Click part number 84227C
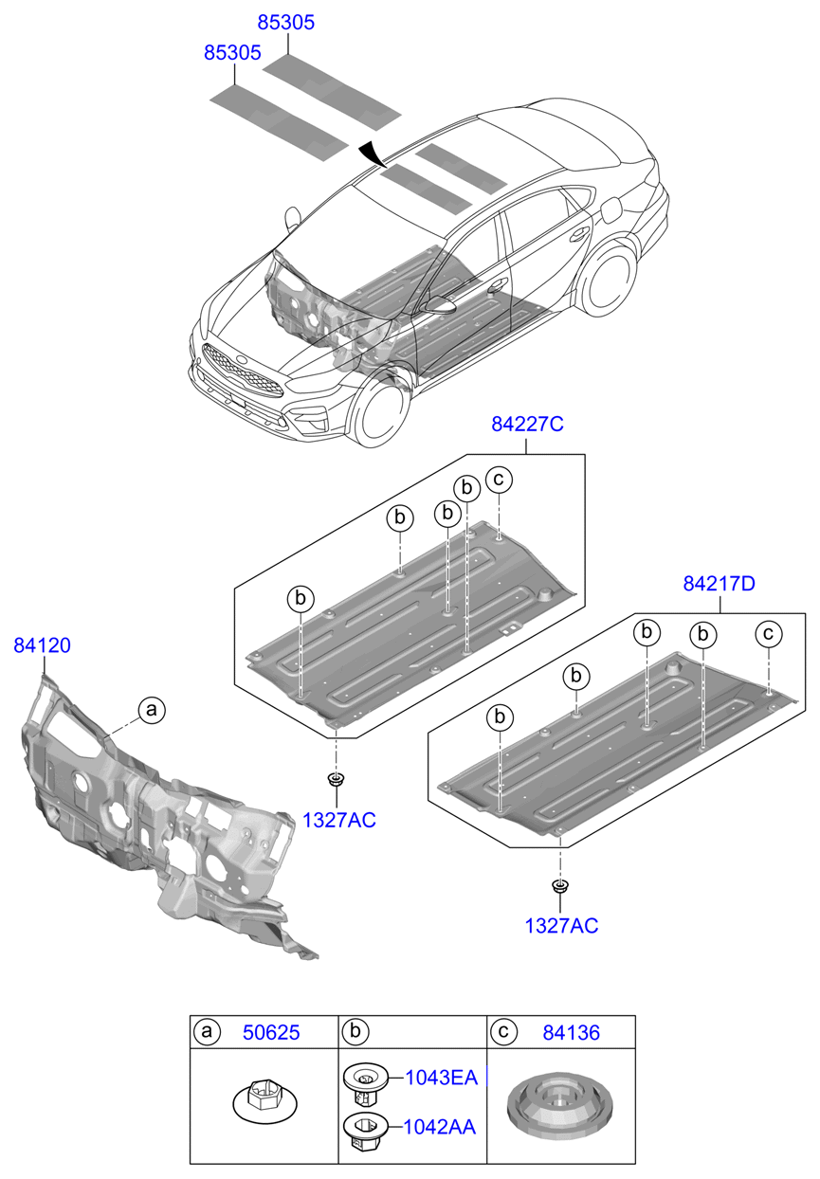(x=527, y=425)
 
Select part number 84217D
(x=719, y=584)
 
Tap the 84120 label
(x=42, y=645)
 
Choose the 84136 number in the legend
(x=571, y=1032)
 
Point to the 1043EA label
(x=441, y=1078)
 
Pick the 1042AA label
(x=440, y=1127)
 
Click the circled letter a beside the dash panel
(x=151, y=708)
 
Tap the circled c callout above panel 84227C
(x=499, y=480)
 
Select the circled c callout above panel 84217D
(x=769, y=633)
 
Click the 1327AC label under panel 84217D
(x=562, y=926)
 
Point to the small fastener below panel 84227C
(x=335, y=780)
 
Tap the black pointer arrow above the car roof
(x=373, y=154)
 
